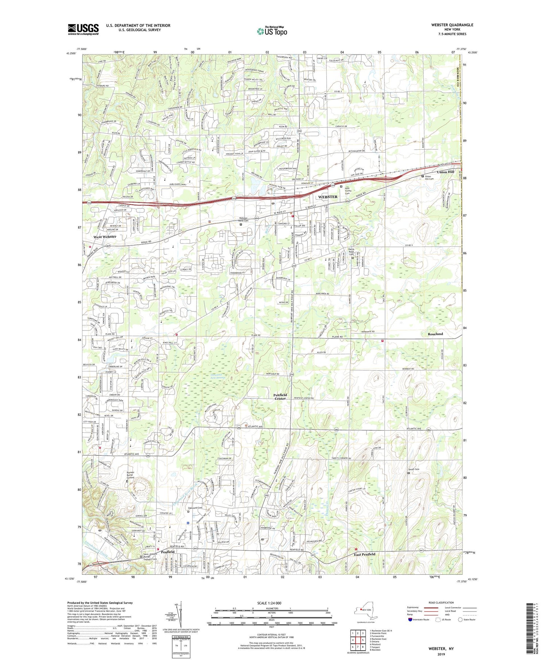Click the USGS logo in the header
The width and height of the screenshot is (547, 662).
pyautogui.click(x=83, y=29)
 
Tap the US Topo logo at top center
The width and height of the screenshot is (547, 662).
pyautogui.click(x=272, y=31)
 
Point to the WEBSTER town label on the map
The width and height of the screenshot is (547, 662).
pyautogui.click(x=327, y=197)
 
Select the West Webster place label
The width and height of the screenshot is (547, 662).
pyautogui.click(x=105, y=237)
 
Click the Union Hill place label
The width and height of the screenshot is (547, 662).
pyautogui.click(x=446, y=172)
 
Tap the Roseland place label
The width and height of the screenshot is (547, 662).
pyautogui.click(x=435, y=334)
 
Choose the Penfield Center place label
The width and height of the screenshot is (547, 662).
pyautogui.click(x=280, y=397)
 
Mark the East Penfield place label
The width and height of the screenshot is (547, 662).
pyautogui.click(x=364, y=554)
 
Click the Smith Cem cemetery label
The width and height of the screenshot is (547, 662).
pyautogui.click(x=414, y=469)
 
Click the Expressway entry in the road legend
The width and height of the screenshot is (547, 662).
pyautogui.click(x=414, y=608)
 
